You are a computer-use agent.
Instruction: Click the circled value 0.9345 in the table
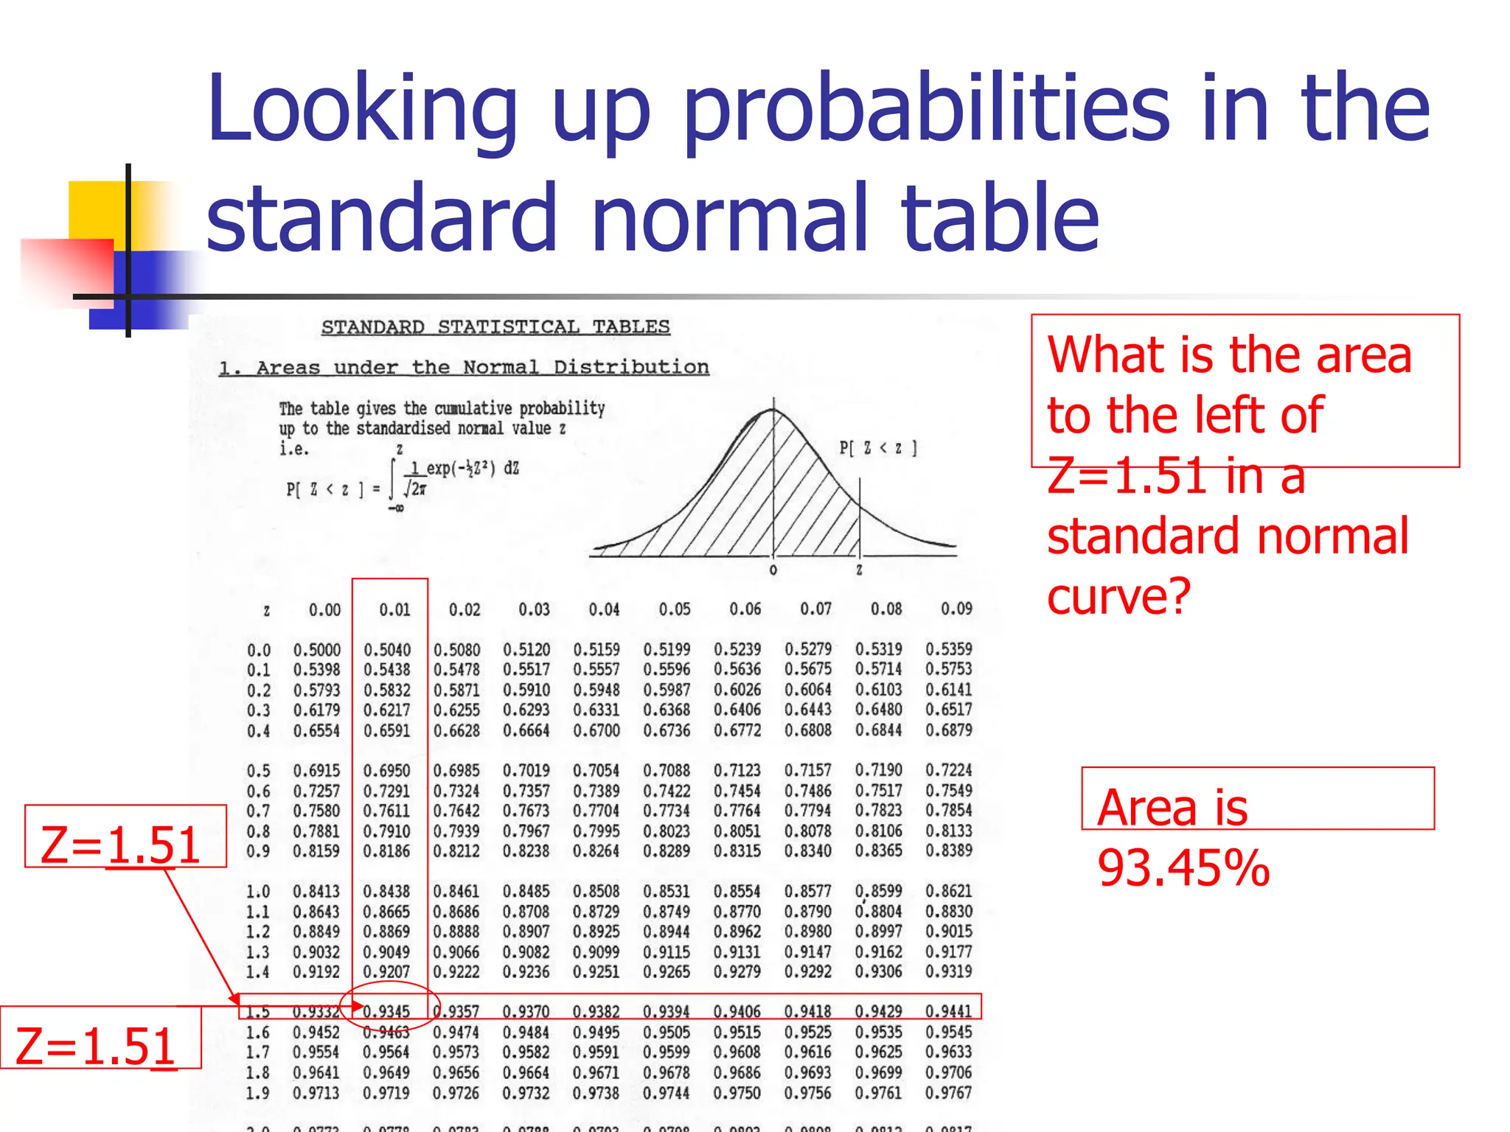point(386,1011)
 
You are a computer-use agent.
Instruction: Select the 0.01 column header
point(394,609)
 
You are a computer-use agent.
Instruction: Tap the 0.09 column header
point(956,609)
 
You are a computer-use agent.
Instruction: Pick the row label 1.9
point(258,1093)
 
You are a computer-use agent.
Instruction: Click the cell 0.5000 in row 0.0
point(317,650)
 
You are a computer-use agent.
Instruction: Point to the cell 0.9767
point(949,1092)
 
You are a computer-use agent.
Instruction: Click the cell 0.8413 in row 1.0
point(316,892)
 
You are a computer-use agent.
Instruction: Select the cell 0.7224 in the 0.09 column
point(949,770)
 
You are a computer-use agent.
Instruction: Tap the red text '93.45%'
point(1183,868)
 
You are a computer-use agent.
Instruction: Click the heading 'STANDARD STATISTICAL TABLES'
point(495,327)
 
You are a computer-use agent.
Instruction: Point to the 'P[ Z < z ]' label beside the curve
point(877,448)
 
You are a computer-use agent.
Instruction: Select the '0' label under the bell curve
point(773,570)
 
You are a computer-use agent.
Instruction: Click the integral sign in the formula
point(393,478)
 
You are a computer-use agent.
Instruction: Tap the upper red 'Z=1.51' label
point(120,845)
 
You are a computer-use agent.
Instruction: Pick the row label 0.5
point(259,771)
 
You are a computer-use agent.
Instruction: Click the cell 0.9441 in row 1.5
point(949,1011)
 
